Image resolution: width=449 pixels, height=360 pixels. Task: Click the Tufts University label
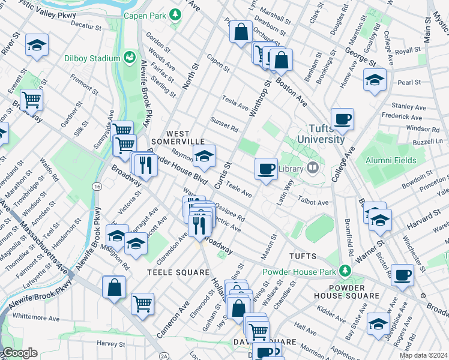pos(318,134)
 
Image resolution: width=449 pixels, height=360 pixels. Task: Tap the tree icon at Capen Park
pos(175,14)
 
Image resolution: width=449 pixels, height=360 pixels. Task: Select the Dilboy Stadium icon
pos(128,58)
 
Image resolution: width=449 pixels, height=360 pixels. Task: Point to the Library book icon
pos(312,169)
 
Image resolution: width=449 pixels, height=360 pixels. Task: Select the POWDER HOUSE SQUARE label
pos(346,291)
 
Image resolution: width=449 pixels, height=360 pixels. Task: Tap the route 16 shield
pos(97,187)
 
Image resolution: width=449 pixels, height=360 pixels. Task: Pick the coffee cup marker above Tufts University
pos(342,118)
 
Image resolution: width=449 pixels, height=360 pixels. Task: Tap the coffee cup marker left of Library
pos(265,168)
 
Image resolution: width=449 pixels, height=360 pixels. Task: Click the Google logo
pos(20,353)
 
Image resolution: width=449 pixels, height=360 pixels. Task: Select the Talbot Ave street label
pos(315,203)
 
